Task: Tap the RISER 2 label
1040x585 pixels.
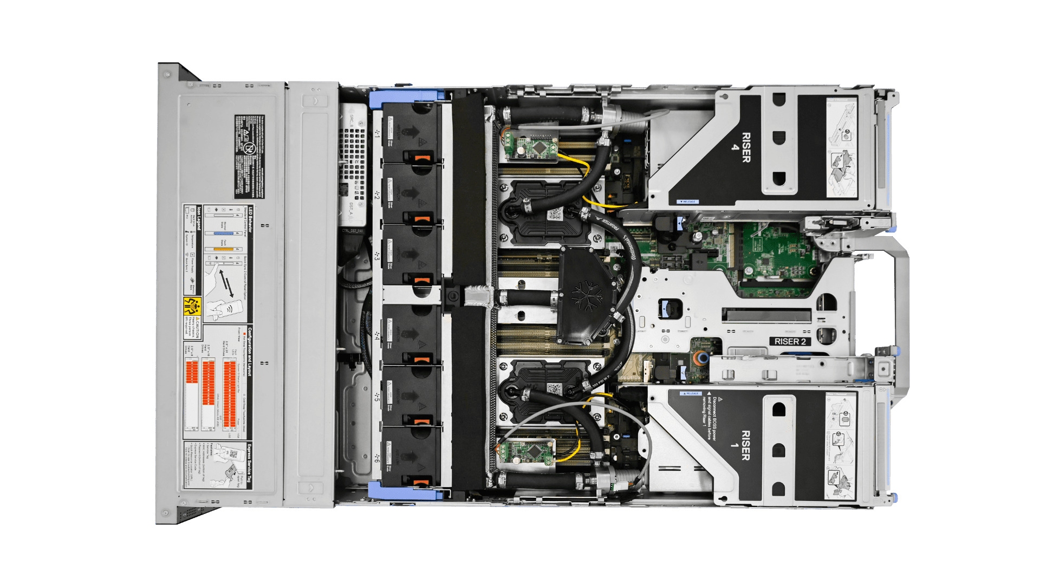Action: pos(790,341)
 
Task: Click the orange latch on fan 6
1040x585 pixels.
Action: pos(422,482)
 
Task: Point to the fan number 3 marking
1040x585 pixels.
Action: pos(378,255)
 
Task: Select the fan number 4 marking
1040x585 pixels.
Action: pos(378,335)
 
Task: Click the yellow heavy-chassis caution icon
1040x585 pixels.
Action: pos(192,306)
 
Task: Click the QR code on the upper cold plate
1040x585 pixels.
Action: pos(555,213)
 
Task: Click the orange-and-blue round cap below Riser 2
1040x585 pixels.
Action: pos(701,357)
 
